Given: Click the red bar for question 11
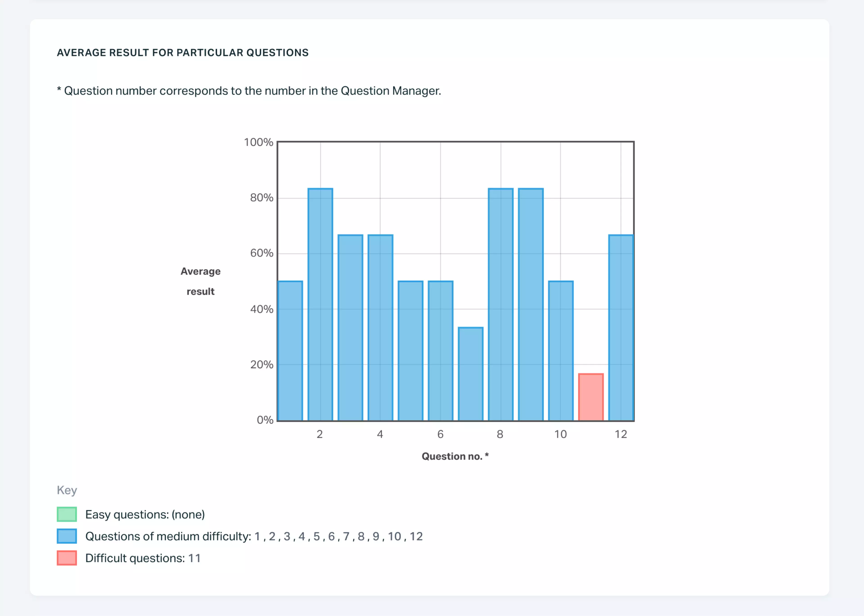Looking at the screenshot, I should (x=591, y=397).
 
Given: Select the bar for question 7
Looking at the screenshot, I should (x=470, y=374).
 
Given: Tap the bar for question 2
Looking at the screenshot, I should (x=320, y=305).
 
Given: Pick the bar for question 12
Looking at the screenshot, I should (x=621, y=328).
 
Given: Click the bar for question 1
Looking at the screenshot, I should (x=290, y=351).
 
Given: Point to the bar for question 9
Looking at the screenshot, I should (x=531, y=305).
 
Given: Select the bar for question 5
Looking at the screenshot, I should (x=411, y=351).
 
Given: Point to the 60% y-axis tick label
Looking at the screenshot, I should (x=262, y=253).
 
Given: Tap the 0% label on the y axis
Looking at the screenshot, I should (x=265, y=420).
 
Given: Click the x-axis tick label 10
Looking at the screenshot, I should (x=560, y=434).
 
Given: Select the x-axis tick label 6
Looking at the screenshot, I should (x=440, y=434).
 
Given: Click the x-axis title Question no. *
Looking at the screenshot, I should (x=455, y=456).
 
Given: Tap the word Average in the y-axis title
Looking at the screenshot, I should (x=200, y=272).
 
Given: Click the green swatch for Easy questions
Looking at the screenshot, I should (x=67, y=514).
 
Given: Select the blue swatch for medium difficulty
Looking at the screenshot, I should (x=67, y=536).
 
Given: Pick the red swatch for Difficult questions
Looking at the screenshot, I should (x=67, y=558).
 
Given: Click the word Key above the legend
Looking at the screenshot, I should (x=67, y=490).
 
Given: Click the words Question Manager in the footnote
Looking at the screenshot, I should (x=390, y=91).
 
